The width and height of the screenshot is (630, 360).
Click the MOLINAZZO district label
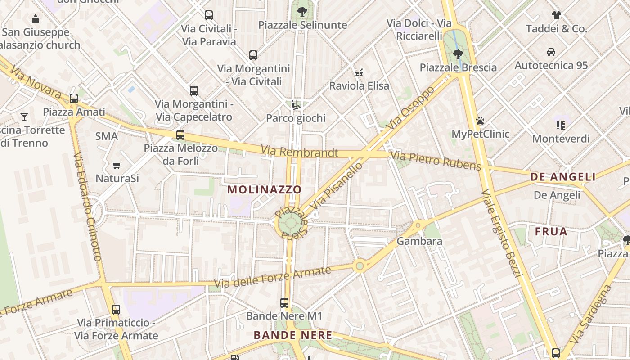click(x=264, y=189)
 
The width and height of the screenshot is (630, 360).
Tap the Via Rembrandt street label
click(x=299, y=152)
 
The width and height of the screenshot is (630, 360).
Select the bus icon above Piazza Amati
click(x=74, y=99)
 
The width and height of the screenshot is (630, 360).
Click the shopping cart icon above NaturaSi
click(x=117, y=165)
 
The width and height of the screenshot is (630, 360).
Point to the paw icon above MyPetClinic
click(x=480, y=121)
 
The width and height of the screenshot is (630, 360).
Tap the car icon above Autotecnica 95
click(x=551, y=52)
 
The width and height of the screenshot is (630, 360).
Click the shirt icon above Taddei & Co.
click(x=557, y=15)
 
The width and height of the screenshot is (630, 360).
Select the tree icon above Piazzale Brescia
click(x=458, y=54)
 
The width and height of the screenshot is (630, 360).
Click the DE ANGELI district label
click(x=563, y=177)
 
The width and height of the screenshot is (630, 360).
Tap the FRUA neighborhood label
click(x=551, y=232)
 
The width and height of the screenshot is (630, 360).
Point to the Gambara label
click(x=419, y=241)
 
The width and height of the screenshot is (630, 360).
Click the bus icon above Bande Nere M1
click(x=284, y=303)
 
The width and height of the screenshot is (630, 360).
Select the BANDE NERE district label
click(x=293, y=335)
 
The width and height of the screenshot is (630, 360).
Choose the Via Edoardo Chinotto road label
click(x=87, y=207)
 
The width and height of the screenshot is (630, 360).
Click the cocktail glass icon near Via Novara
click(x=24, y=117)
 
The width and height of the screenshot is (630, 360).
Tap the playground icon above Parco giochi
click(x=295, y=105)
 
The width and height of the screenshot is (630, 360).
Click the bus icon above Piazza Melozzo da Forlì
click(x=180, y=135)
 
